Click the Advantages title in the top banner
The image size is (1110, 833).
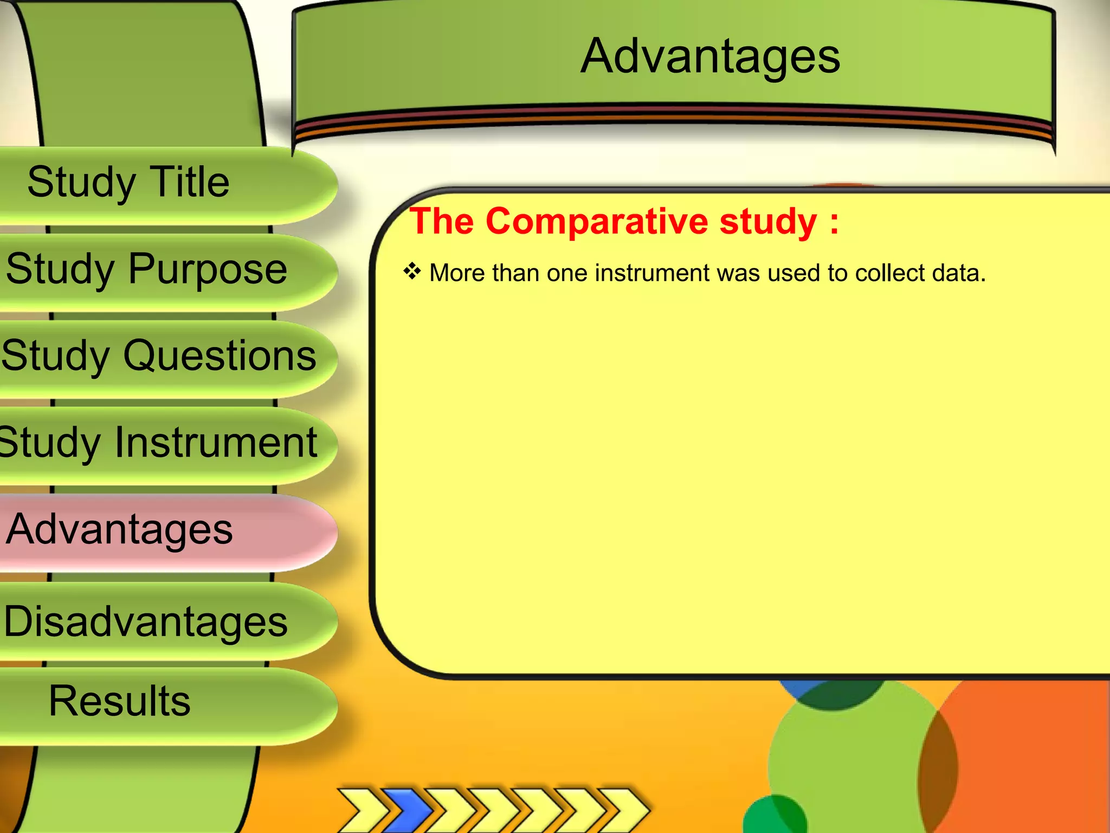(x=710, y=57)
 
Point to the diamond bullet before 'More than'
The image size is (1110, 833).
(x=412, y=271)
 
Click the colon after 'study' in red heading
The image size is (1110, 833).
(x=834, y=222)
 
